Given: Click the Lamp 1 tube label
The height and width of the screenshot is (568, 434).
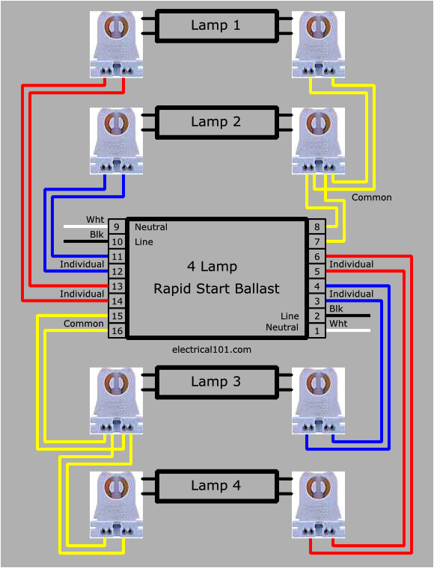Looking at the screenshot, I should tap(216, 25).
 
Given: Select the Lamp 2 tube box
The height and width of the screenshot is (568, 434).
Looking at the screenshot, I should tap(216, 122).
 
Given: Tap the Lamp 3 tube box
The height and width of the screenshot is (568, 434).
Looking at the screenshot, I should tap(216, 382).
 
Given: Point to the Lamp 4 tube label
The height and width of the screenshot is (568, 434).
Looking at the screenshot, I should tap(216, 486).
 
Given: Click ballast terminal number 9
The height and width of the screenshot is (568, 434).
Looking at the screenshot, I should tap(117, 227).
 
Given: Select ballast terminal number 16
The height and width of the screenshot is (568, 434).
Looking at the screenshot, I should tap(117, 331).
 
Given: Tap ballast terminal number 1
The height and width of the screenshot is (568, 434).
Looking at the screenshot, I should tap(317, 330).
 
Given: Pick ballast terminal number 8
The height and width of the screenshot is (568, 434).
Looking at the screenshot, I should tap(317, 227).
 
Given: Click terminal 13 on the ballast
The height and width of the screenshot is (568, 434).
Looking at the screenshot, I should tap(117, 286).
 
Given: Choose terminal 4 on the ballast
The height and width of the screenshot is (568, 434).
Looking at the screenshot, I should tap(317, 286).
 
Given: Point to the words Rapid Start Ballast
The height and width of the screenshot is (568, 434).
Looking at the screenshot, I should tap(216, 288).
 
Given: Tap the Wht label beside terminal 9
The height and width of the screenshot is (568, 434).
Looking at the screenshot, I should tap(95, 220).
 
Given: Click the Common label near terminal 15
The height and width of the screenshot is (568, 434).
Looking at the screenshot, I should tap(84, 324).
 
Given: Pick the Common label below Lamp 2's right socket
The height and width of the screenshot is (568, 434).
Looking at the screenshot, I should tap(372, 197).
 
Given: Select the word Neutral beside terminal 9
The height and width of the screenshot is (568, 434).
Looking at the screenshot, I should tap(151, 227).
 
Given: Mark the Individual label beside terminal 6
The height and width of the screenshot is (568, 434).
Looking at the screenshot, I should tap(351, 265).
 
